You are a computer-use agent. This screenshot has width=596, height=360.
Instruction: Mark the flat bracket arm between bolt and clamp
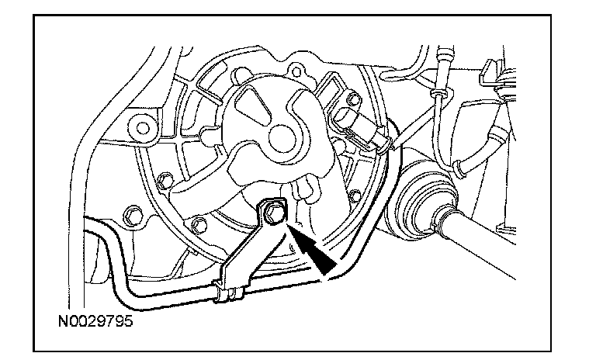tap(247, 248)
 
